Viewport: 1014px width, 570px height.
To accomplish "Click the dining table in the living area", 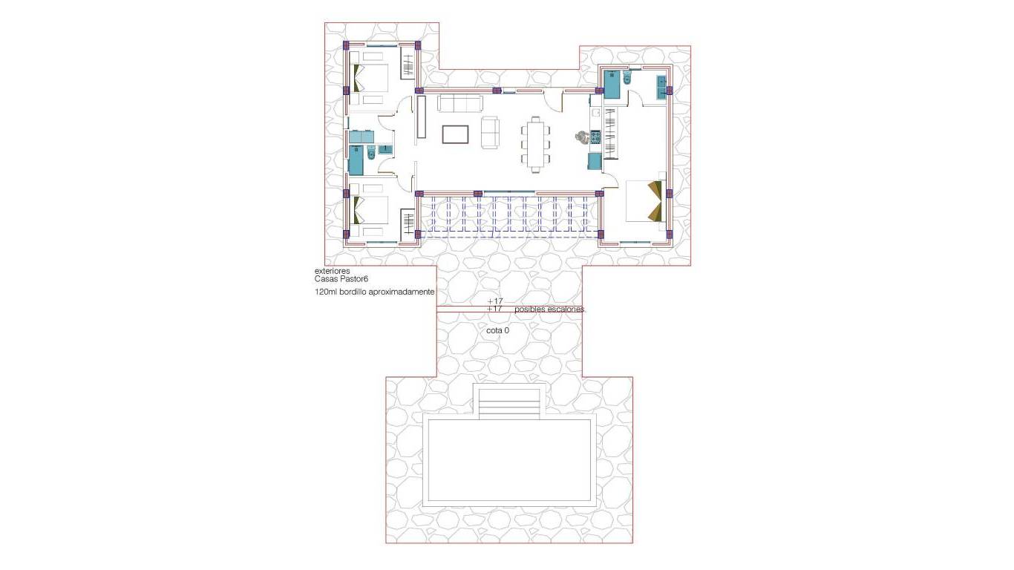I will coord(536,143).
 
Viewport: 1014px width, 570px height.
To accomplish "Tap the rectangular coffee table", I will coord(455,134).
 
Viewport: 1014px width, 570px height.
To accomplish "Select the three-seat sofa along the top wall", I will coord(460,103).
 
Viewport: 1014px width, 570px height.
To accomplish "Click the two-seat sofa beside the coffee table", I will coord(491,133).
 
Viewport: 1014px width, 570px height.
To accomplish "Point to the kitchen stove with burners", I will coord(595,137).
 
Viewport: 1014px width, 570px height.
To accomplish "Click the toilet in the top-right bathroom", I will coord(627,79).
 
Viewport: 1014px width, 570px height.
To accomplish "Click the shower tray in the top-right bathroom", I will coord(612,84).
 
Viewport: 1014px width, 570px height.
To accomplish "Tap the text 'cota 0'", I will coord(497,330).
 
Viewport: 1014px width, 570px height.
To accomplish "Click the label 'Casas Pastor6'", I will coord(341,279).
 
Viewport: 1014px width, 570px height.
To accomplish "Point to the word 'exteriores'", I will coord(332,271).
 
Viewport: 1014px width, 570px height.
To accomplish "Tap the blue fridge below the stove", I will coord(595,161).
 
